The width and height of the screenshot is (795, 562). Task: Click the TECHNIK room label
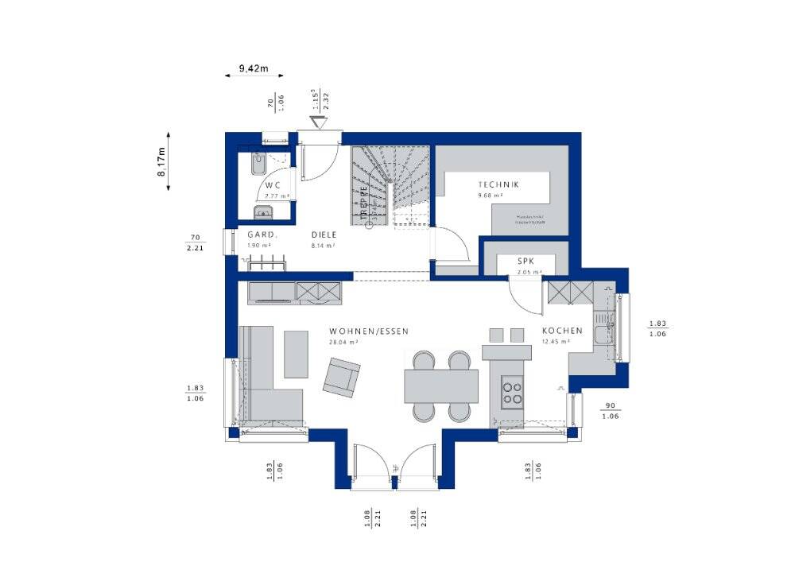pos(498,184)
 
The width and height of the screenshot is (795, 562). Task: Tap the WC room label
pos(273,185)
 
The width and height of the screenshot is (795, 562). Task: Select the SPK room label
pos(525,261)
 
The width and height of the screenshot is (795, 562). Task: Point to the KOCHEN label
pos(562,331)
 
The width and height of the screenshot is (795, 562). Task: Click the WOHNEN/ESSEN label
pos(362,331)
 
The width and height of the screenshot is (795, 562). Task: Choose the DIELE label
pos(324,234)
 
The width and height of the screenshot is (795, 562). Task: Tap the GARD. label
pos(262,234)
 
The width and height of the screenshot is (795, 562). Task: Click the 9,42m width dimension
pos(254,69)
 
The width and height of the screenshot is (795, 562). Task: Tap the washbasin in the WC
pos(262,211)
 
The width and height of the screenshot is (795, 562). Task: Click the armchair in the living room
pos(341,377)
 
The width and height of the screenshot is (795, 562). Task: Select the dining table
pos(441,386)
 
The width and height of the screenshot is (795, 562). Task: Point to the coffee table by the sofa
pos(296,355)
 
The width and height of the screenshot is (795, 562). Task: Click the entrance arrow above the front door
pos(320,122)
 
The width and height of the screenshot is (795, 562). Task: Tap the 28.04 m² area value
pos(343,342)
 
